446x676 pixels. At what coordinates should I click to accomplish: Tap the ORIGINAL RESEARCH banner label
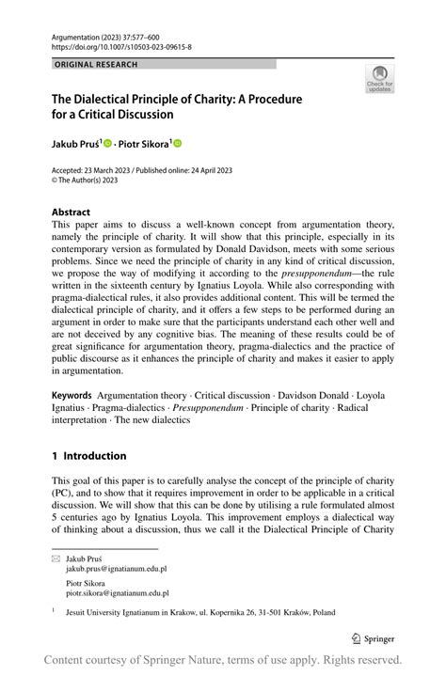pyautogui.click(x=96, y=65)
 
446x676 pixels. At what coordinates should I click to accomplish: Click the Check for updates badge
pyautogui.click(x=379, y=78)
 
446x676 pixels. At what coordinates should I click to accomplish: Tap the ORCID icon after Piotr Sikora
pyautogui.click(x=176, y=143)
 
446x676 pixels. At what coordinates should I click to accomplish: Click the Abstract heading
pyautogui.click(x=71, y=212)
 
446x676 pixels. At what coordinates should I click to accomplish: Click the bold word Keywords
pyautogui.click(x=72, y=396)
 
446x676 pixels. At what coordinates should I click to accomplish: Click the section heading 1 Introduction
pyautogui.click(x=88, y=456)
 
